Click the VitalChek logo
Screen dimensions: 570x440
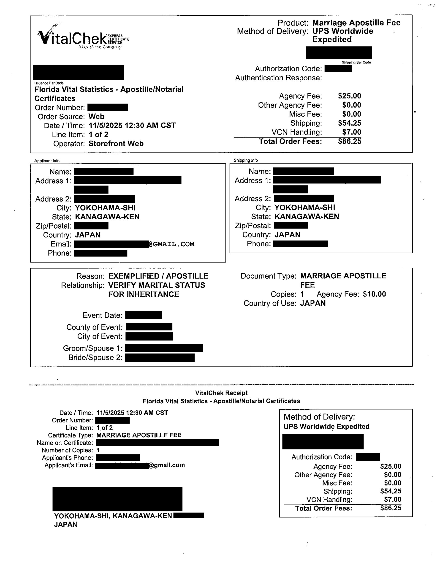83,39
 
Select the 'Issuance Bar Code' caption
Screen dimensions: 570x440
49,83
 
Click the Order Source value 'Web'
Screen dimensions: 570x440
96,116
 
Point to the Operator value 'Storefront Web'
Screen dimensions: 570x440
116,144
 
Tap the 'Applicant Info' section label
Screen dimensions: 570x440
47,161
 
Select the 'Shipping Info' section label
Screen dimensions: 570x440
245,160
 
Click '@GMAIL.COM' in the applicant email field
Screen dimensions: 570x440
172,244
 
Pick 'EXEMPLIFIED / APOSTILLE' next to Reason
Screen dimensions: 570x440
158,276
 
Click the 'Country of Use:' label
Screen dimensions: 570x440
270,303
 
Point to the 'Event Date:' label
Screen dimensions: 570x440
102,315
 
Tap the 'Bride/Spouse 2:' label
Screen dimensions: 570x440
95,357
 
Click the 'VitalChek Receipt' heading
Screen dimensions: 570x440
221,393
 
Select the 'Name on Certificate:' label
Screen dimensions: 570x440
65,443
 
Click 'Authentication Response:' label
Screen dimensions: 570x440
278,78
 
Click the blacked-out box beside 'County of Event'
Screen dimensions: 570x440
149,327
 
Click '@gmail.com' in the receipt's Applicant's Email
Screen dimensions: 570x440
167,465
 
